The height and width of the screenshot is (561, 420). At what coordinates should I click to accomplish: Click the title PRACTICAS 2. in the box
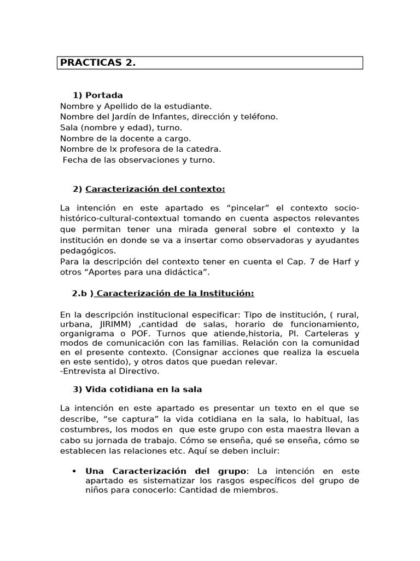coord(98,63)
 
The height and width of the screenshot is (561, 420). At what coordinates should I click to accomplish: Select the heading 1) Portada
coord(98,95)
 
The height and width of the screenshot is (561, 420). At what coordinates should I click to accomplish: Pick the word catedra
coord(203,149)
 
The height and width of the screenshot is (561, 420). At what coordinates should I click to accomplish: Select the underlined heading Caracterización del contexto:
coord(155,190)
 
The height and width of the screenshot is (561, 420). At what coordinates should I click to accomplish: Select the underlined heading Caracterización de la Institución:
coord(174,293)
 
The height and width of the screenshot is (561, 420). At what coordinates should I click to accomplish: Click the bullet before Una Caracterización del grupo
coord(74,471)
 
